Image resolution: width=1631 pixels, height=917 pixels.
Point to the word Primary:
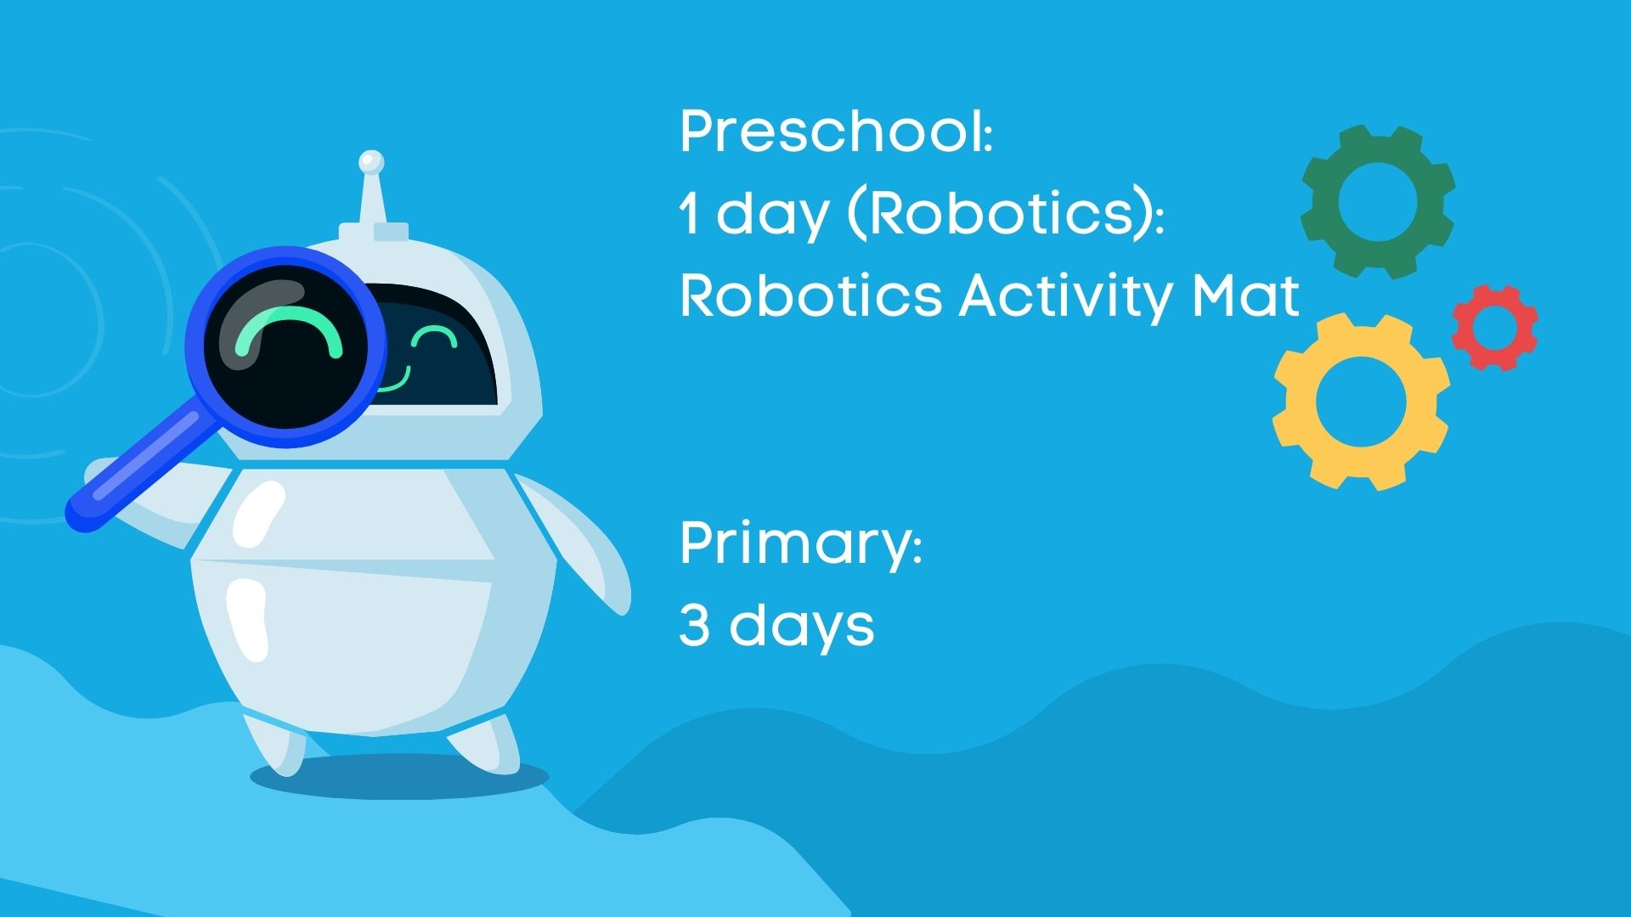coord(801,544)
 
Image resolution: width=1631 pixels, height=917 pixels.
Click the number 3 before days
coord(694,626)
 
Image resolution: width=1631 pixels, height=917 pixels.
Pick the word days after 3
coord(802,627)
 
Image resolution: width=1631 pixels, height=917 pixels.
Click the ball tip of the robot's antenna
coord(371,160)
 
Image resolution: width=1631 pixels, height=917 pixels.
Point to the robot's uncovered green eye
coord(434,336)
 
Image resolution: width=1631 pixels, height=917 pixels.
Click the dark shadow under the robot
coord(399,775)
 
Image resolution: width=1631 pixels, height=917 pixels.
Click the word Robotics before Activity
coord(810,295)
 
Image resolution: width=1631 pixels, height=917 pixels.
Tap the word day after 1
coord(772,216)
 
